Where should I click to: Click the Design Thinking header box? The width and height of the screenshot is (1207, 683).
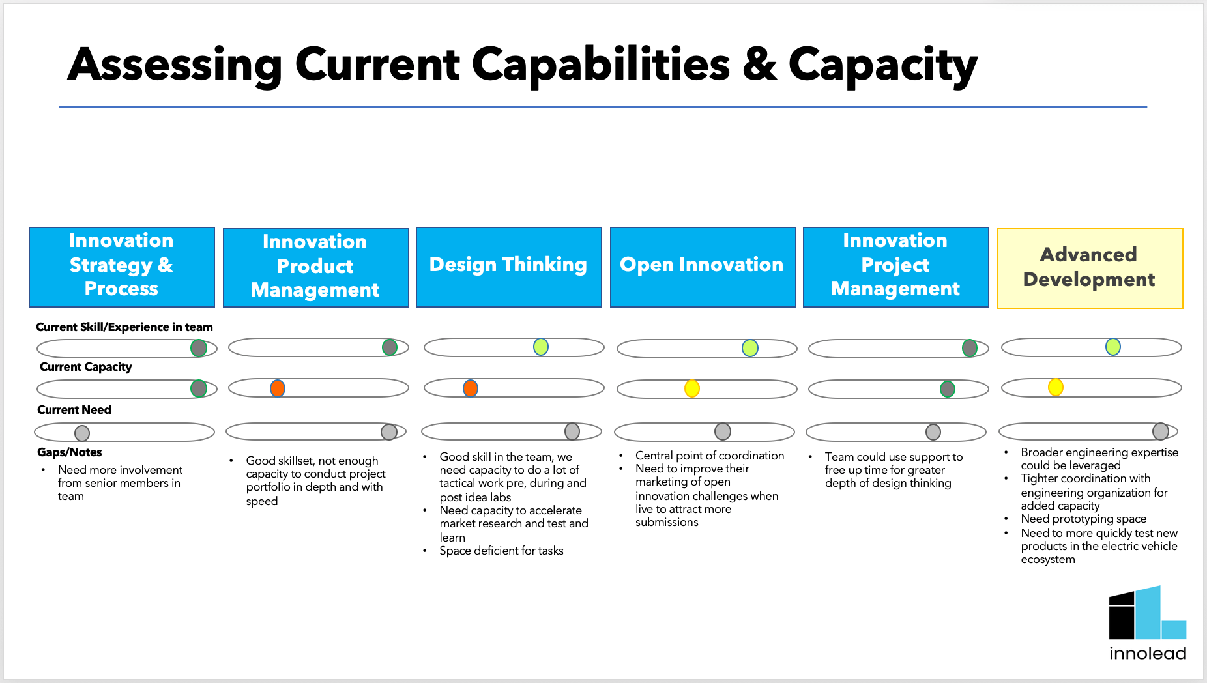click(508, 267)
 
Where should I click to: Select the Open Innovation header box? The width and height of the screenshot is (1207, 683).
click(703, 267)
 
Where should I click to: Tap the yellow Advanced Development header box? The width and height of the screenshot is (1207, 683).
click(1090, 268)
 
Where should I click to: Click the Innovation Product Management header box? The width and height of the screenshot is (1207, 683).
click(315, 267)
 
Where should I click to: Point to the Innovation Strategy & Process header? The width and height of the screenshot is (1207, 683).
click(122, 267)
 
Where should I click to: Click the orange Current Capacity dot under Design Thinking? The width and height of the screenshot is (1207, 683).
click(471, 388)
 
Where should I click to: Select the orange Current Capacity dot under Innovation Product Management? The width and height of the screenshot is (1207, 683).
click(278, 388)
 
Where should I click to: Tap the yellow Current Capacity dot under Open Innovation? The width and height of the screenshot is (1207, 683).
click(692, 388)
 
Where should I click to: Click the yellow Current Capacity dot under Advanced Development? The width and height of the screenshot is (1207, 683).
click(1056, 387)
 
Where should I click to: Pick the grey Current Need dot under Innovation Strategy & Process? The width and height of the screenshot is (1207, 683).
click(82, 433)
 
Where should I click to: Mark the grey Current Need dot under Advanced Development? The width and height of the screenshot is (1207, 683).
click(1161, 431)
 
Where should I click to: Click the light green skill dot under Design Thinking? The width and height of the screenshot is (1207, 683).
click(541, 347)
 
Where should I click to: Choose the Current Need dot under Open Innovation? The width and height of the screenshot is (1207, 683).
click(723, 431)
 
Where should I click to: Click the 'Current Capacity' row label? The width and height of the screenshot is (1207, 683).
click(86, 367)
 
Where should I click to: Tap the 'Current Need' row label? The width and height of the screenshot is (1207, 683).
click(74, 410)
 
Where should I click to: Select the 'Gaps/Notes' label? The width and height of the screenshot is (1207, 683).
click(70, 452)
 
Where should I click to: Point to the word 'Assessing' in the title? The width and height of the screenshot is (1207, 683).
click(175, 65)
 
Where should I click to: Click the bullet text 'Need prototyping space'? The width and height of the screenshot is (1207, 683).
click(1083, 519)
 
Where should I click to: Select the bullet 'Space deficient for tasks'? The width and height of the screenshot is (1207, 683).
click(501, 551)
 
